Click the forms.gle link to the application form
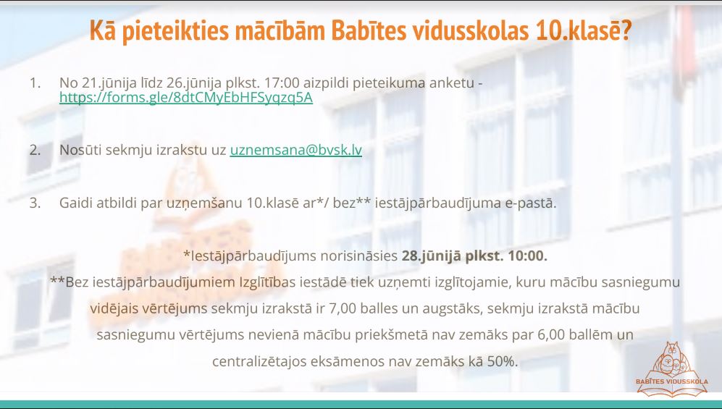pos(186,98)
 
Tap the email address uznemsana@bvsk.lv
pos(296,150)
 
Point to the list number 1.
pos(35,83)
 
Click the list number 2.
pos(35,150)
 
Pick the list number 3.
pos(35,203)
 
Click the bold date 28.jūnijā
pos(432,256)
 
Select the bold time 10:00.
pos(528,256)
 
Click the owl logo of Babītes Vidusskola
pos(672,368)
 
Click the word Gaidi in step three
pos(76,203)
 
